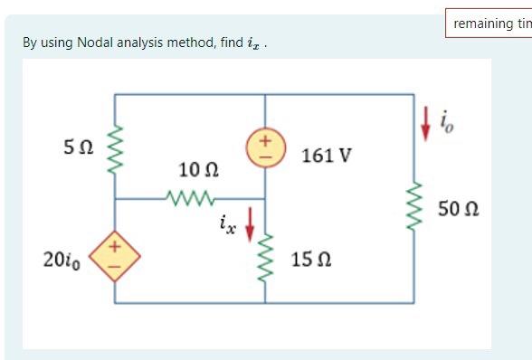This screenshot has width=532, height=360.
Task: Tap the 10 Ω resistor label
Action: pyautogui.click(x=198, y=170)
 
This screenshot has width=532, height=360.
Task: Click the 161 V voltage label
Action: pyautogui.click(x=327, y=156)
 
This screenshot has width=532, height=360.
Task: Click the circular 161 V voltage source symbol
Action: pyautogui.click(x=265, y=147)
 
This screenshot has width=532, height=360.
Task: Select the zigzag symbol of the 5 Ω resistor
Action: pyautogui.click(x=115, y=147)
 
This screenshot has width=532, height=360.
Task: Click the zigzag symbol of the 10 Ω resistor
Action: pyautogui.click(x=191, y=197)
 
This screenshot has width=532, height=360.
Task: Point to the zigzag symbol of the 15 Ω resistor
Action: pyautogui.click(x=265, y=258)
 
